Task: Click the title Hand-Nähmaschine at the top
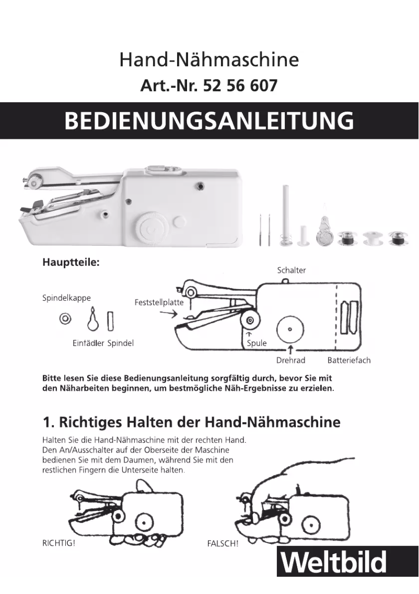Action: point(209,60)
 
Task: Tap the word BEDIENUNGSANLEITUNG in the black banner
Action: point(209,121)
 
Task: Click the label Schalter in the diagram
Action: point(291,270)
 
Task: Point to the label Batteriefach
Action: point(349,360)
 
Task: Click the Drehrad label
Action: point(290,360)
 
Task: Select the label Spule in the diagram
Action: point(257,343)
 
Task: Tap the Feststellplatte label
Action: point(159,302)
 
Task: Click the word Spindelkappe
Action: point(66,298)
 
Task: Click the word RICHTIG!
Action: point(59,543)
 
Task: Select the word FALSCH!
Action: point(223,543)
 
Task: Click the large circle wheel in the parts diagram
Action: point(289,328)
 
